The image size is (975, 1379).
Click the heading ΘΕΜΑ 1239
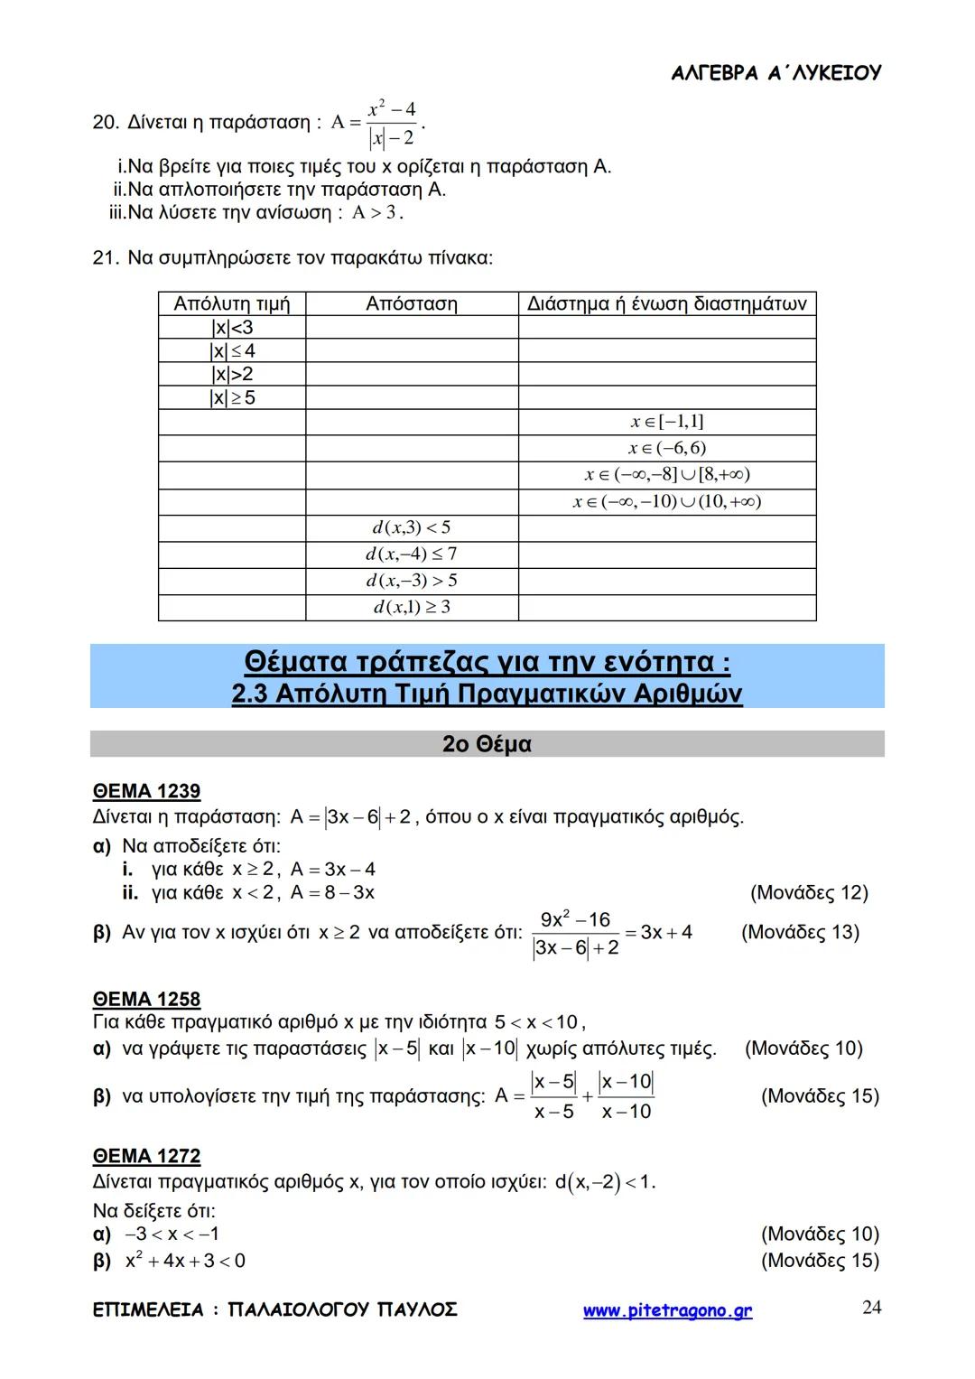pos(146,791)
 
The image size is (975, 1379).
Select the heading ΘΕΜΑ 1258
pos(146,999)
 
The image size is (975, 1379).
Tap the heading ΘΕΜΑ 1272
pos(146,1156)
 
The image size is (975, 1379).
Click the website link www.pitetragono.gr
pos(667,1310)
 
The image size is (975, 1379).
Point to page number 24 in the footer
pos(871,1308)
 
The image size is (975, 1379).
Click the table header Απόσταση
pos(412,304)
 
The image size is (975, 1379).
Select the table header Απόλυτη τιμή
pos(232,304)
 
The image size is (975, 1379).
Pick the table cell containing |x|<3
pos(232,328)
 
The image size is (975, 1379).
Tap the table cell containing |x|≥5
pos(232,397)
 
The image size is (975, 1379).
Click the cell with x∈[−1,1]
pos(667,422)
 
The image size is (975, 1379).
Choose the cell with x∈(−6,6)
pos(667,448)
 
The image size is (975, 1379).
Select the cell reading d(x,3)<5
pos(412,527)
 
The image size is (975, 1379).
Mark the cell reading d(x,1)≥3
pos(412,607)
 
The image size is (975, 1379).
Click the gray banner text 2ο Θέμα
pos(487,744)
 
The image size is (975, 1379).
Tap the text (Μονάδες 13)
pos(800,932)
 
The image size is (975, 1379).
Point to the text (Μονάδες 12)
pos(809,893)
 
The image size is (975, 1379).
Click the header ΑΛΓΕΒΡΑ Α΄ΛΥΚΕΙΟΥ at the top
pos(775,73)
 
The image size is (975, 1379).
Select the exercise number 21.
pos(105,258)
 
